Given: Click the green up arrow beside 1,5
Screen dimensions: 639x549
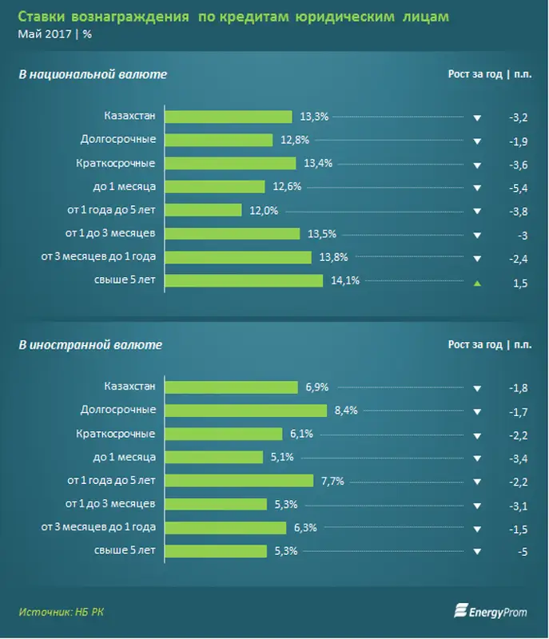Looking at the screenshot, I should (x=477, y=283).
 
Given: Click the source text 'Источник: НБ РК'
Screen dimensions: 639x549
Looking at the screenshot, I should (x=62, y=612).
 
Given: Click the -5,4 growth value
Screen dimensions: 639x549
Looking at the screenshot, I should (x=518, y=189).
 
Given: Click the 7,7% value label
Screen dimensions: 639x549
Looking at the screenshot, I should (x=332, y=481).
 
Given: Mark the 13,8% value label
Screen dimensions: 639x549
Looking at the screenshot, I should (x=332, y=257).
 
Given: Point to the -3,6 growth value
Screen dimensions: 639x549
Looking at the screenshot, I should (x=518, y=165).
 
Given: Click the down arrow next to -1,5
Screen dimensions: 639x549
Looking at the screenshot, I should (x=477, y=529).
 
